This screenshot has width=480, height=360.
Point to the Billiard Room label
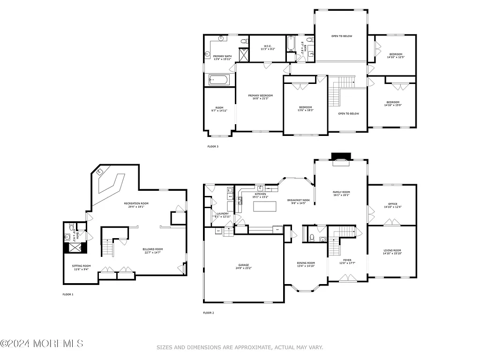click(153, 251)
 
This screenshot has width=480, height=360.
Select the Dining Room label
click(306, 264)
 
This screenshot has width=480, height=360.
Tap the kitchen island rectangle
click(265, 206)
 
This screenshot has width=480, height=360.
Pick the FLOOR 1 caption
click(68, 294)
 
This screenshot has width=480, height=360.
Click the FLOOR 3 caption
click(213, 146)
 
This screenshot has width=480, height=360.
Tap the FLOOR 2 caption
click(208, 313)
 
